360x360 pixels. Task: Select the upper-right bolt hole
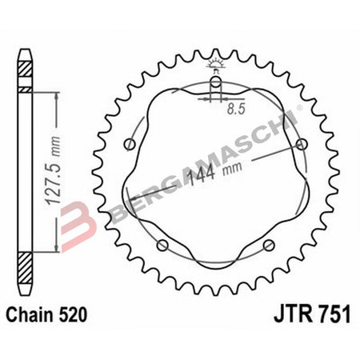click(x=301, y=144)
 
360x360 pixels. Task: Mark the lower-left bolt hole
click(x=162, y=244)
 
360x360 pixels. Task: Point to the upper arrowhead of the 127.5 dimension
click(x=56, y=94)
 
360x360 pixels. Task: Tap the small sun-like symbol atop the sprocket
click(x=215, y=62)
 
